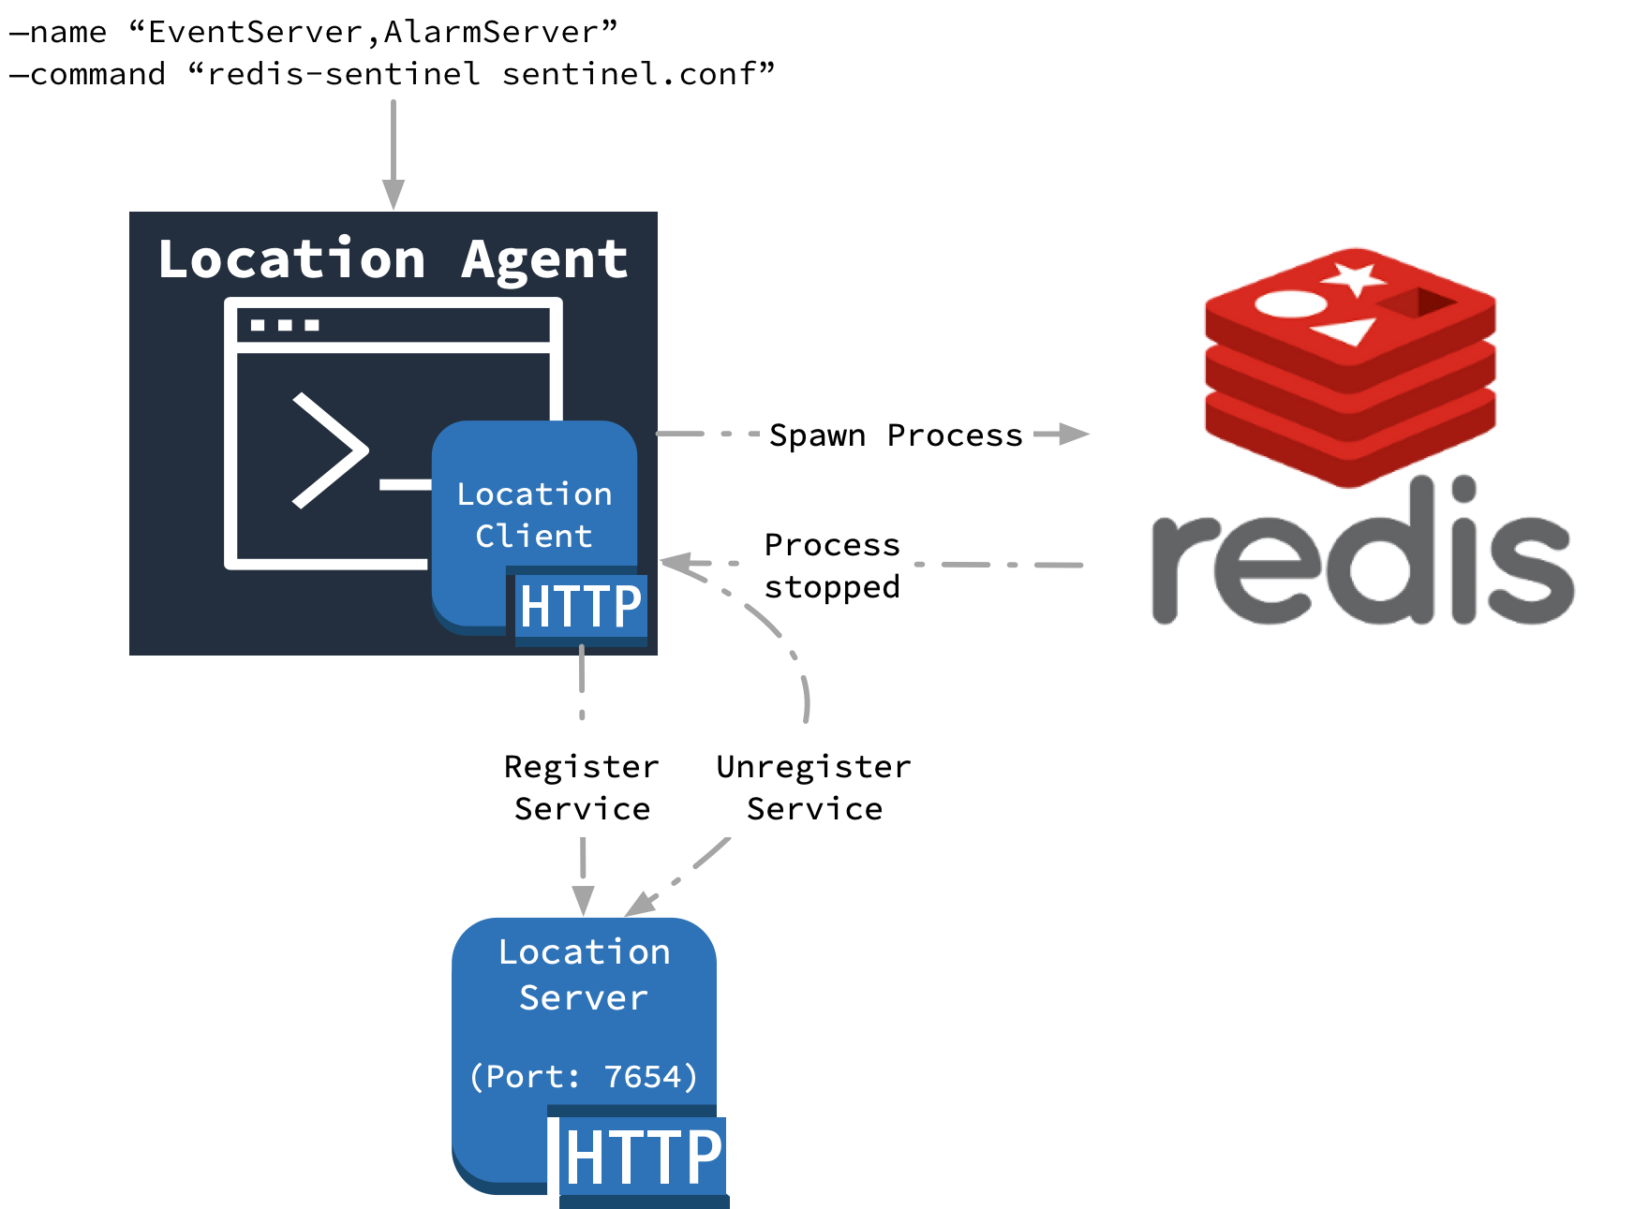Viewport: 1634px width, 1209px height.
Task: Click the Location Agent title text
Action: tap(392, 259)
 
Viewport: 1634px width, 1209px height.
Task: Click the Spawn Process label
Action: tap(896, 435)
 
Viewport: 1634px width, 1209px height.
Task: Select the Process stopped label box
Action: tap(832, 565)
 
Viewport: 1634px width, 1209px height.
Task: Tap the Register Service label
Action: tap(582, 787)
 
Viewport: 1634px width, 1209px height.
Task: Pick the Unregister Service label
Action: tap(814, 787)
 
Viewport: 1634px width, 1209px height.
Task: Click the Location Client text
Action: tap(534, 514)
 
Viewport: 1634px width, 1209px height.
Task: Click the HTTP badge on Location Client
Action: tap(580, 607)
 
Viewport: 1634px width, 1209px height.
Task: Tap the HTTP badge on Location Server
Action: tap(643, 1157)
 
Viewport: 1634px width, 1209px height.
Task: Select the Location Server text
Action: tap(584, 975)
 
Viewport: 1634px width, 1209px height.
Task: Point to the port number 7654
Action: tap(643, 1077)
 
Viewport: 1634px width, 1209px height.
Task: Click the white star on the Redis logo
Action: tap(1353, 278)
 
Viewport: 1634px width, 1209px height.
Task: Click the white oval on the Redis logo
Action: tap(1290, 303)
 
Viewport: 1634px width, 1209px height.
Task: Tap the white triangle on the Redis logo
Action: tap(1346, 331)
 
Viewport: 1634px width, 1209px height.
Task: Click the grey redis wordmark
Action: tap(1362, 562)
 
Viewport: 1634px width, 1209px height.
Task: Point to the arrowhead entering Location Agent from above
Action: tap(394, 193)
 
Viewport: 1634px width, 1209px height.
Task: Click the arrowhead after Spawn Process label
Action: tap(1073, 434)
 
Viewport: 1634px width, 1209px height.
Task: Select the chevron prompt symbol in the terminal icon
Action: tap(329, 450)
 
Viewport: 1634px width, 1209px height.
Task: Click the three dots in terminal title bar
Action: tap(285, 326)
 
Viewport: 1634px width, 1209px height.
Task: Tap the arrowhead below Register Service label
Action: tap(583, 900)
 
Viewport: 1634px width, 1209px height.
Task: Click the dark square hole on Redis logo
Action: tap(1419, 303)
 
